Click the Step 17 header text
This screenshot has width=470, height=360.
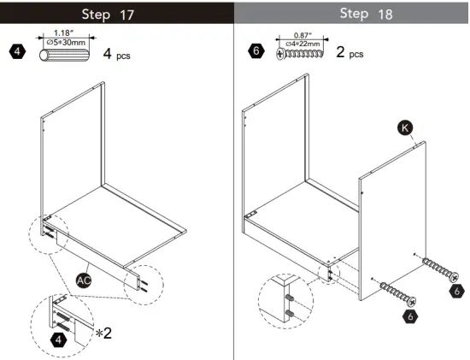(x=116, y=15)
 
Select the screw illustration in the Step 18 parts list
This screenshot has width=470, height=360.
(x=302, y=54)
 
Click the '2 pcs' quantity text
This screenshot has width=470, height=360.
(x=349, y=53)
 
